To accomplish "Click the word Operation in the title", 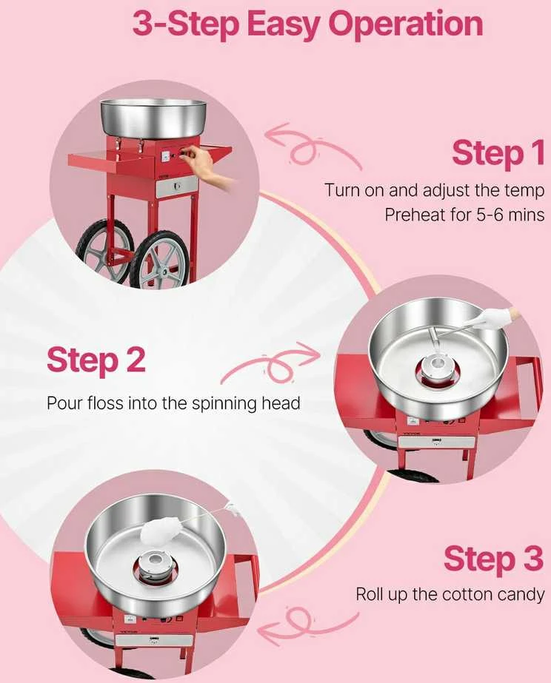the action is coord(409,25).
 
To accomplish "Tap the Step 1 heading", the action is coord(498,152).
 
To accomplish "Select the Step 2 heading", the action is coord(96,360).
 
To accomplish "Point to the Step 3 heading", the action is coord(494,559).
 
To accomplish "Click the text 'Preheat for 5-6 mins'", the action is coord(464,215).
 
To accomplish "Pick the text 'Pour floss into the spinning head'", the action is coord(173,403).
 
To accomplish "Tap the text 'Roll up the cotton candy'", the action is coord(450,594).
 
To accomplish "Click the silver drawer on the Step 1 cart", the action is coord(177,186).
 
